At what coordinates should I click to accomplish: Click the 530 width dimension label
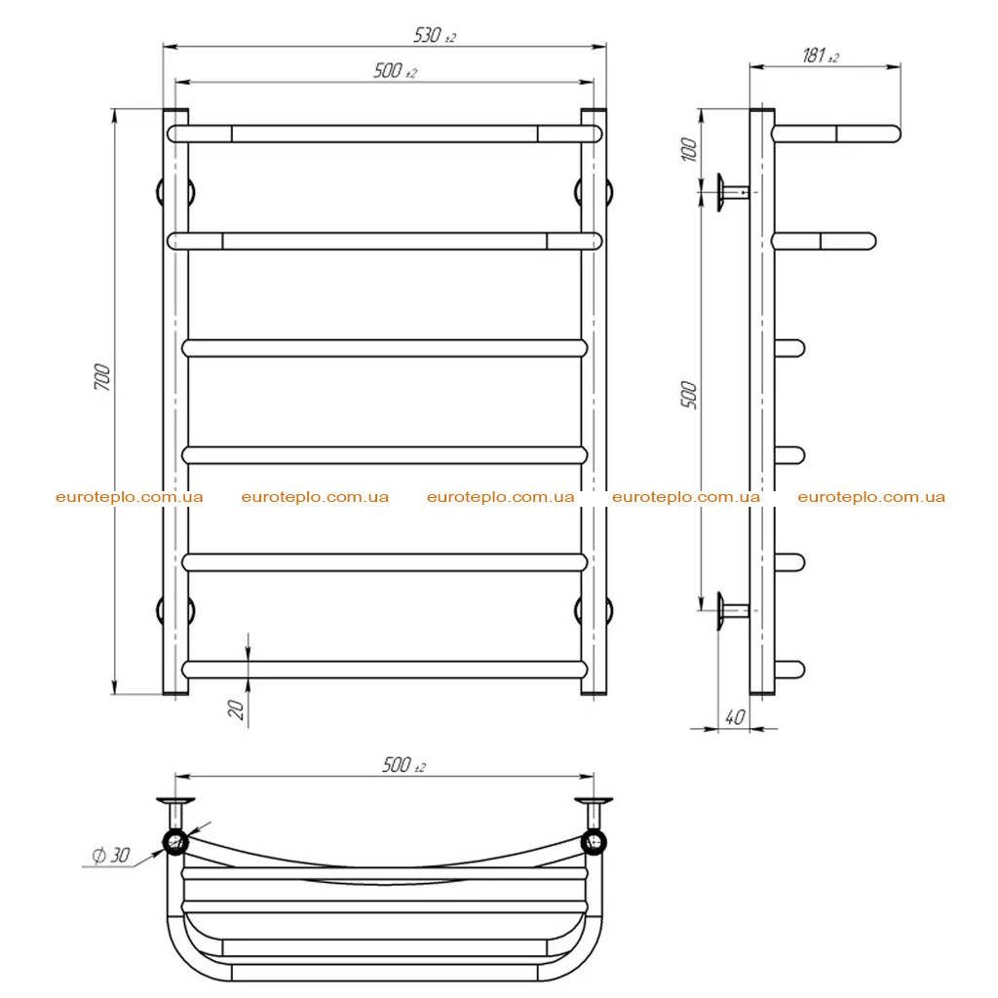(x=435, y=35)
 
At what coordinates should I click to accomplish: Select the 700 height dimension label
(x=101, y=377)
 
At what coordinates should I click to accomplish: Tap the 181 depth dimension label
(x=820, y=56)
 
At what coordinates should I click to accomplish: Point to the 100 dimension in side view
(x=689, y=149)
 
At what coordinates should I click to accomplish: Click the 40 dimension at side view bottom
(x=735, y=717)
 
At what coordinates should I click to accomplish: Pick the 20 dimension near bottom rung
(x=236, y=710)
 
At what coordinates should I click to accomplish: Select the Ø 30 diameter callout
(x=111, y=855)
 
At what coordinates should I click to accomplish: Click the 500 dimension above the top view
(x=403, y=764)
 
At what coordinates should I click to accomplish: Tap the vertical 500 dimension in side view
(x=689, y=395)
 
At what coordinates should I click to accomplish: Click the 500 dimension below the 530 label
(x=395, y=70)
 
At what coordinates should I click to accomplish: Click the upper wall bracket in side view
(x=733, y=192)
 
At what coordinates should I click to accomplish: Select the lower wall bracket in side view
(x=733, y=611)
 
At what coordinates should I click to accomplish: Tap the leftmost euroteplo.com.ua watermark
(x=130, y=497)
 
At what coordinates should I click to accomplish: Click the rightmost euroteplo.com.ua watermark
(x=871, y=497)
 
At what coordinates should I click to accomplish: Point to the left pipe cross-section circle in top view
(x=175, y=843)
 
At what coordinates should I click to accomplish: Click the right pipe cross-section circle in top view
(x=594, y=843)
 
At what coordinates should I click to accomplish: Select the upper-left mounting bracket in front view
(x=175, y=192)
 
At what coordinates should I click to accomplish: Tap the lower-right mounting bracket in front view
(x=594, y=610)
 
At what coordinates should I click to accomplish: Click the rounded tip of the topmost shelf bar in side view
(x=893, y=134)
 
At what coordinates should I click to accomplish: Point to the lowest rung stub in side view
(x=789, y=670)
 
